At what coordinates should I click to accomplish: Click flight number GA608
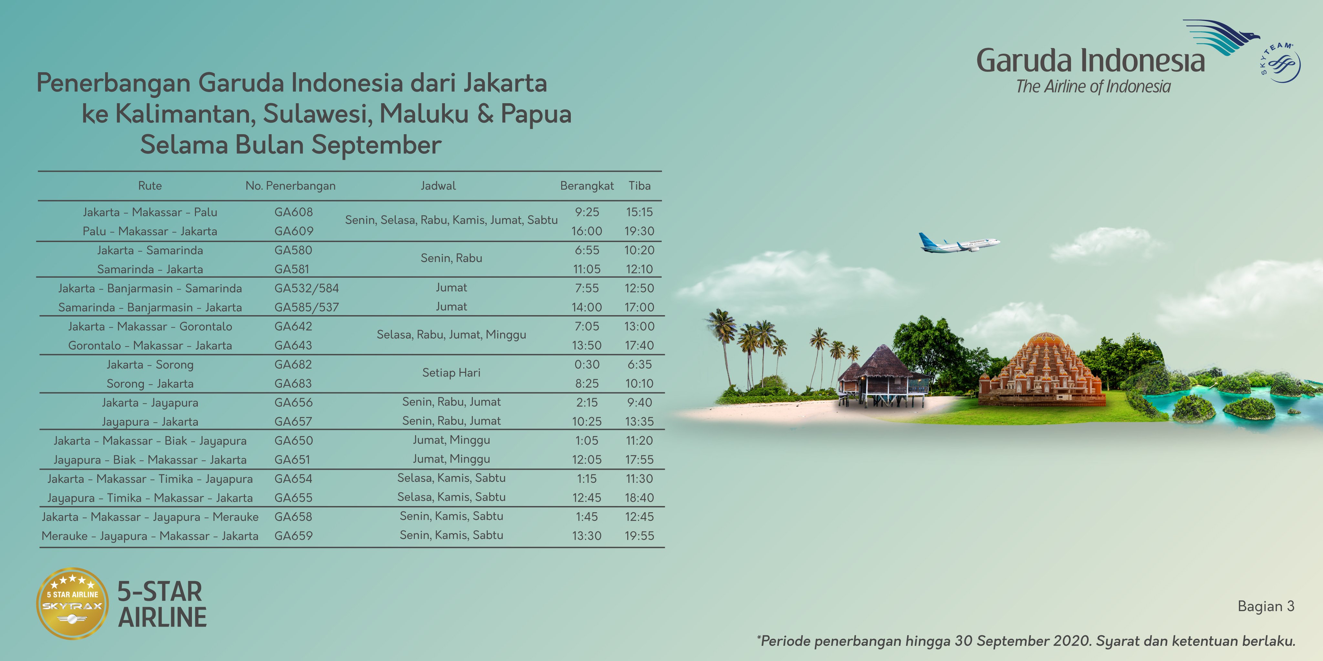click(x=293, y=212)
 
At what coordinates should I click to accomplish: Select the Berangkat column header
click(x=587, y=186)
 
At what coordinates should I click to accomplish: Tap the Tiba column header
click(x=640, y=186)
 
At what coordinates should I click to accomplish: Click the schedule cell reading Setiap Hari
click(x=451, y=372)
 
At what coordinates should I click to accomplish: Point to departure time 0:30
click(x=587, y=364)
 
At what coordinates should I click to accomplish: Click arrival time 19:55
click(x=640, y=536)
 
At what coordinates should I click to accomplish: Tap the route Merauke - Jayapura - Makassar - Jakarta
click(x=150, y=536)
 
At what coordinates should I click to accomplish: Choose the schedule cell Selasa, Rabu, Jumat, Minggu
click(x=451, y=335)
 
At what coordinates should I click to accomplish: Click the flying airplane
click(x=958, y=243)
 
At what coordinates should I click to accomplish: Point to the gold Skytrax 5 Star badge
click(x=72, y=604)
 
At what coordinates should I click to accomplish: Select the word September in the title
click(x=377, y=145)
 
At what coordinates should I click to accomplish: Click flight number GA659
click(x=293, y=536)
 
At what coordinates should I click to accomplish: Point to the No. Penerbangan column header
click(x=290, y=186)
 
